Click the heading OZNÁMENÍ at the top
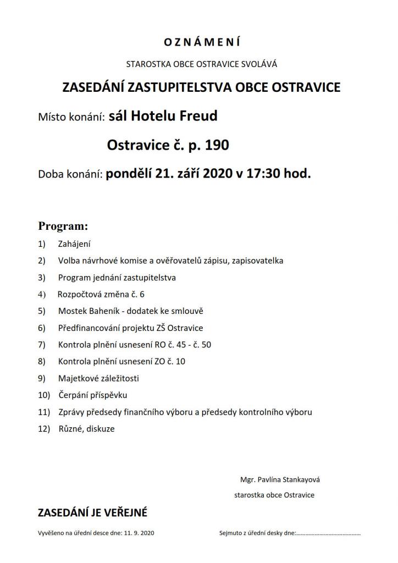(202, 42)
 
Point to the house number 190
(217, 146)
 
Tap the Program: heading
(63, 226)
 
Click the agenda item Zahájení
(74, 243)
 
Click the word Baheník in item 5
(103, 311)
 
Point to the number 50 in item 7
(206, 345)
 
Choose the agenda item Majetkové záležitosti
(98, 378)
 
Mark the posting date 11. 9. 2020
(140, 533)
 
